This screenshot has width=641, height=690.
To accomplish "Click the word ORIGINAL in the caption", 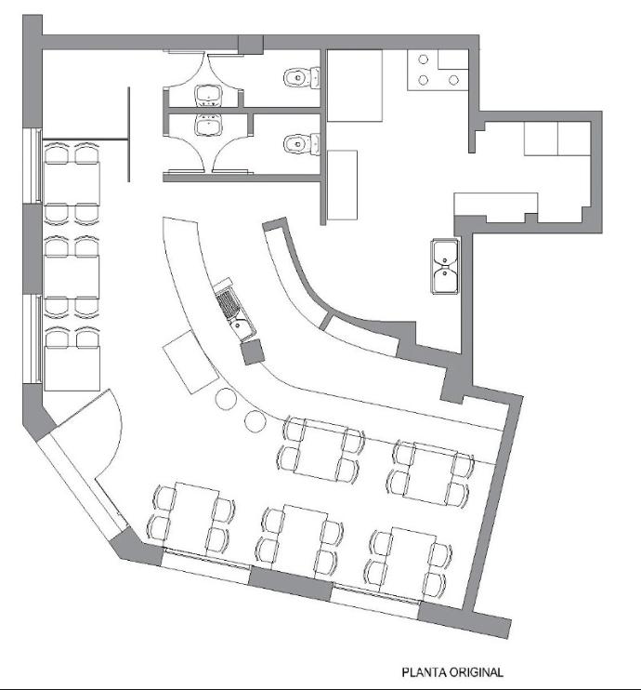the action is (x=477, y=672).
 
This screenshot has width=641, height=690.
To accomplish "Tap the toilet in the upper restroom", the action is (x=302, y=78).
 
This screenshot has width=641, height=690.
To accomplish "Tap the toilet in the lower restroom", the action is (x=302, y=144).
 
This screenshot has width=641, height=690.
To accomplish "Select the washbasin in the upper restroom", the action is (x=208, y=96).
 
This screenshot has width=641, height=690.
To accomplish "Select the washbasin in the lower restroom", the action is (x=208, y=126).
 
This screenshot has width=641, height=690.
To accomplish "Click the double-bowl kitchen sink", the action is (x=445, y=266).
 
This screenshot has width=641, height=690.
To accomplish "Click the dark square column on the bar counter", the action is (x=253, y=352).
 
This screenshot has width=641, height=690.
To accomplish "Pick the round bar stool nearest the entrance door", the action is (x=226, y=399).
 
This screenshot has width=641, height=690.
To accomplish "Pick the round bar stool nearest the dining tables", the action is (x=255, y=421).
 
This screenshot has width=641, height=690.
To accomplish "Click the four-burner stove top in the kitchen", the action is (x=438, y=70).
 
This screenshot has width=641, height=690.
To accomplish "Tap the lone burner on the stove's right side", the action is (x=453, y=80).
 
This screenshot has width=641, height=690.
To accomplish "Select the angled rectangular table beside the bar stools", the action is (x=190, y=362).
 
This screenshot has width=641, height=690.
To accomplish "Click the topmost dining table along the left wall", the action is (x=72, y=182).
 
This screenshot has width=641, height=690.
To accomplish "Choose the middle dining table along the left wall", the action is (x=72, y=276).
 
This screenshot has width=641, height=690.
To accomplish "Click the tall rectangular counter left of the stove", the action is (x=355, y=86).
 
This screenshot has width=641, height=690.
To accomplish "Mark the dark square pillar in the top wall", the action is (x=251, y=45).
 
